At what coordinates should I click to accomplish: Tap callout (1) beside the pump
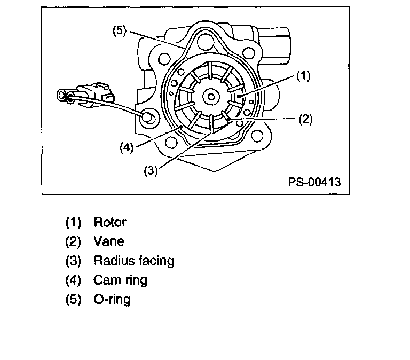click(x=303, y=76)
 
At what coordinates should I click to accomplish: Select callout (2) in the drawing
click(x=305, y=119)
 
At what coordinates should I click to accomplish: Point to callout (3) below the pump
click(x=151, y=171)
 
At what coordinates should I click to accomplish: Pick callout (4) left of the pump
click(x=127, y=146)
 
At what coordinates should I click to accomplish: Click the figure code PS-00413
click(x=314, y=182)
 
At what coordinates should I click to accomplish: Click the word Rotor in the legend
click(x=110, y=221)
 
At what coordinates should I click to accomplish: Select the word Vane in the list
click(x=108, y=241)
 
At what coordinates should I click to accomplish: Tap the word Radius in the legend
click(x=112, y=261)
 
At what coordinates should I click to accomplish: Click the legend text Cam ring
click(x=120, y=279)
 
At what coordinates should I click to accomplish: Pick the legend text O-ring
click(x=112, y=299)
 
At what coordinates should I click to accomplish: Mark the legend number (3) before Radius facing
click(x=73, y=261)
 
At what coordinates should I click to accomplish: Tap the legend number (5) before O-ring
click(x=73, y=299)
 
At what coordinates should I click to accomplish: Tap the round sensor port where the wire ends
click(x=149, y=118)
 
